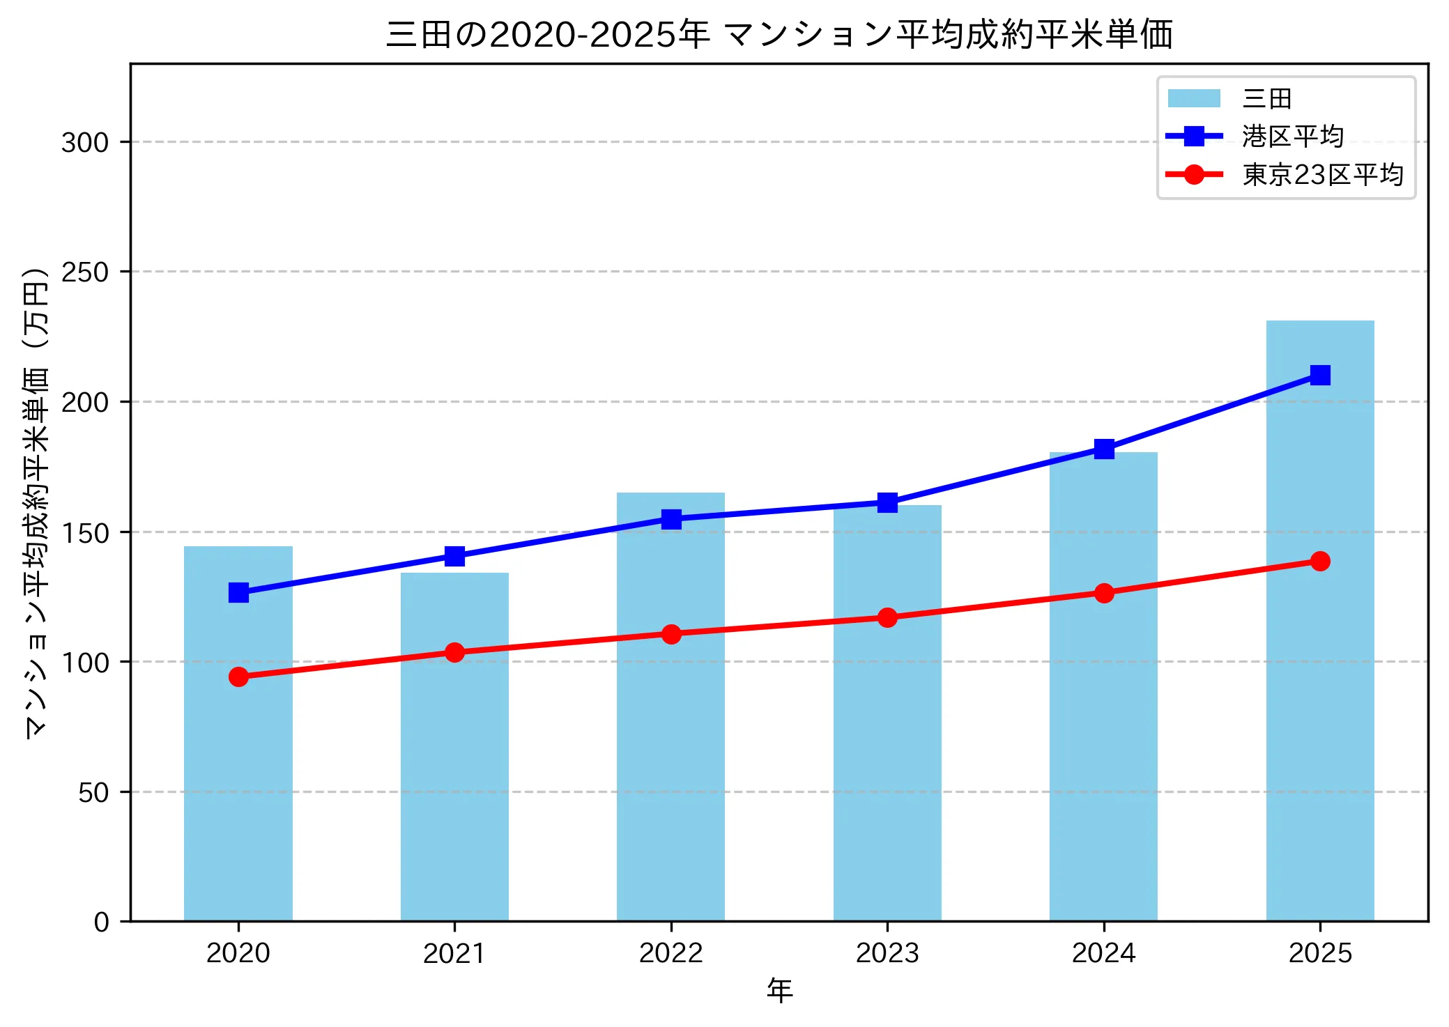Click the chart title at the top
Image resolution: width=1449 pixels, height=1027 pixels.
coord(779,34)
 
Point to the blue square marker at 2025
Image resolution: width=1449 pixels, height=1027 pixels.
coord(1319,375)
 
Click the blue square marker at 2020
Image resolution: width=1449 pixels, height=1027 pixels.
coord(238,592)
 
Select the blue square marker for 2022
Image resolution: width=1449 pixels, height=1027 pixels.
coord(671,518)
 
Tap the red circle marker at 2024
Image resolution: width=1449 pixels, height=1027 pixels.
coord(1103,593)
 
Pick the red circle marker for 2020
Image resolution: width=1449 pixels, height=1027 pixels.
coord(238,677)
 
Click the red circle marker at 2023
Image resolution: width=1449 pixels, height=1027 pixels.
coord(887,617)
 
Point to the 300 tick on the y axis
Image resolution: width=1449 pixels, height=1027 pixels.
coord(85,142)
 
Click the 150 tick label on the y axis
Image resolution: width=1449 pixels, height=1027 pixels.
coord(85,532)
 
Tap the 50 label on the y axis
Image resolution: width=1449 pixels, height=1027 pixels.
coord(93,792)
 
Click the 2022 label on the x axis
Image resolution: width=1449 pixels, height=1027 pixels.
coord(671,952)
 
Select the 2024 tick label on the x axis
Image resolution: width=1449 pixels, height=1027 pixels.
coord(1103,952)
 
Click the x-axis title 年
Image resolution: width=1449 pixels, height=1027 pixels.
coord(779,990)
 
